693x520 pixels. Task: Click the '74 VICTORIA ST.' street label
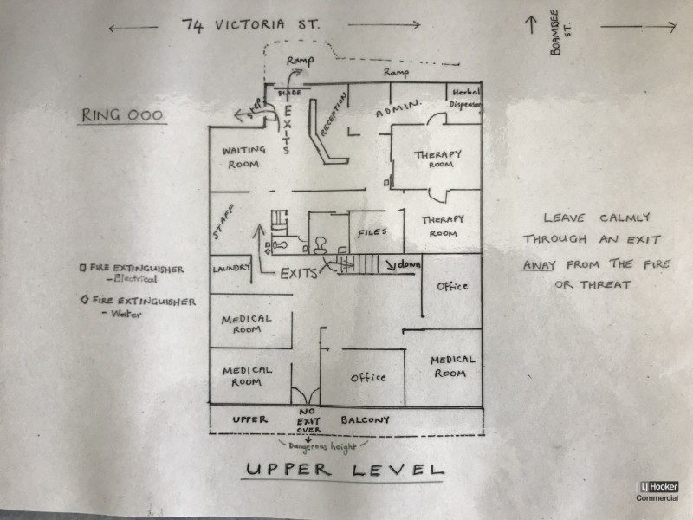[250, 25]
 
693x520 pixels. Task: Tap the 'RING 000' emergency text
[122, 115]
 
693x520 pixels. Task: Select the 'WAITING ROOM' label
[243, 157]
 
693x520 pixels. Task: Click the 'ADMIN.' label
[398, 108]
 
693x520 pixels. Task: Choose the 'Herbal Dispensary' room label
[466, 98]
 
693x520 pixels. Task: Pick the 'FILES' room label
[372, 232]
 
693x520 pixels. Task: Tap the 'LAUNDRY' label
[231, 269]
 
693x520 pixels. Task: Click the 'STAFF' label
[223, 222]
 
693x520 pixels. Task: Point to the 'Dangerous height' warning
[321, 447]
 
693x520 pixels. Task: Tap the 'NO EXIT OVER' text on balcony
[308, 420]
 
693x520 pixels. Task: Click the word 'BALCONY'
[365, 419]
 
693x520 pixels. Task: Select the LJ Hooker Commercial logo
[657, 491]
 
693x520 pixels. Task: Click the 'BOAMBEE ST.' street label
[560, 33]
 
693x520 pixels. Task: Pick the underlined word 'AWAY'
[539, 265]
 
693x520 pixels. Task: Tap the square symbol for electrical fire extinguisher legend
[82, 268]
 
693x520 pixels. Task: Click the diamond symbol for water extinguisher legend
[84, 300]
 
